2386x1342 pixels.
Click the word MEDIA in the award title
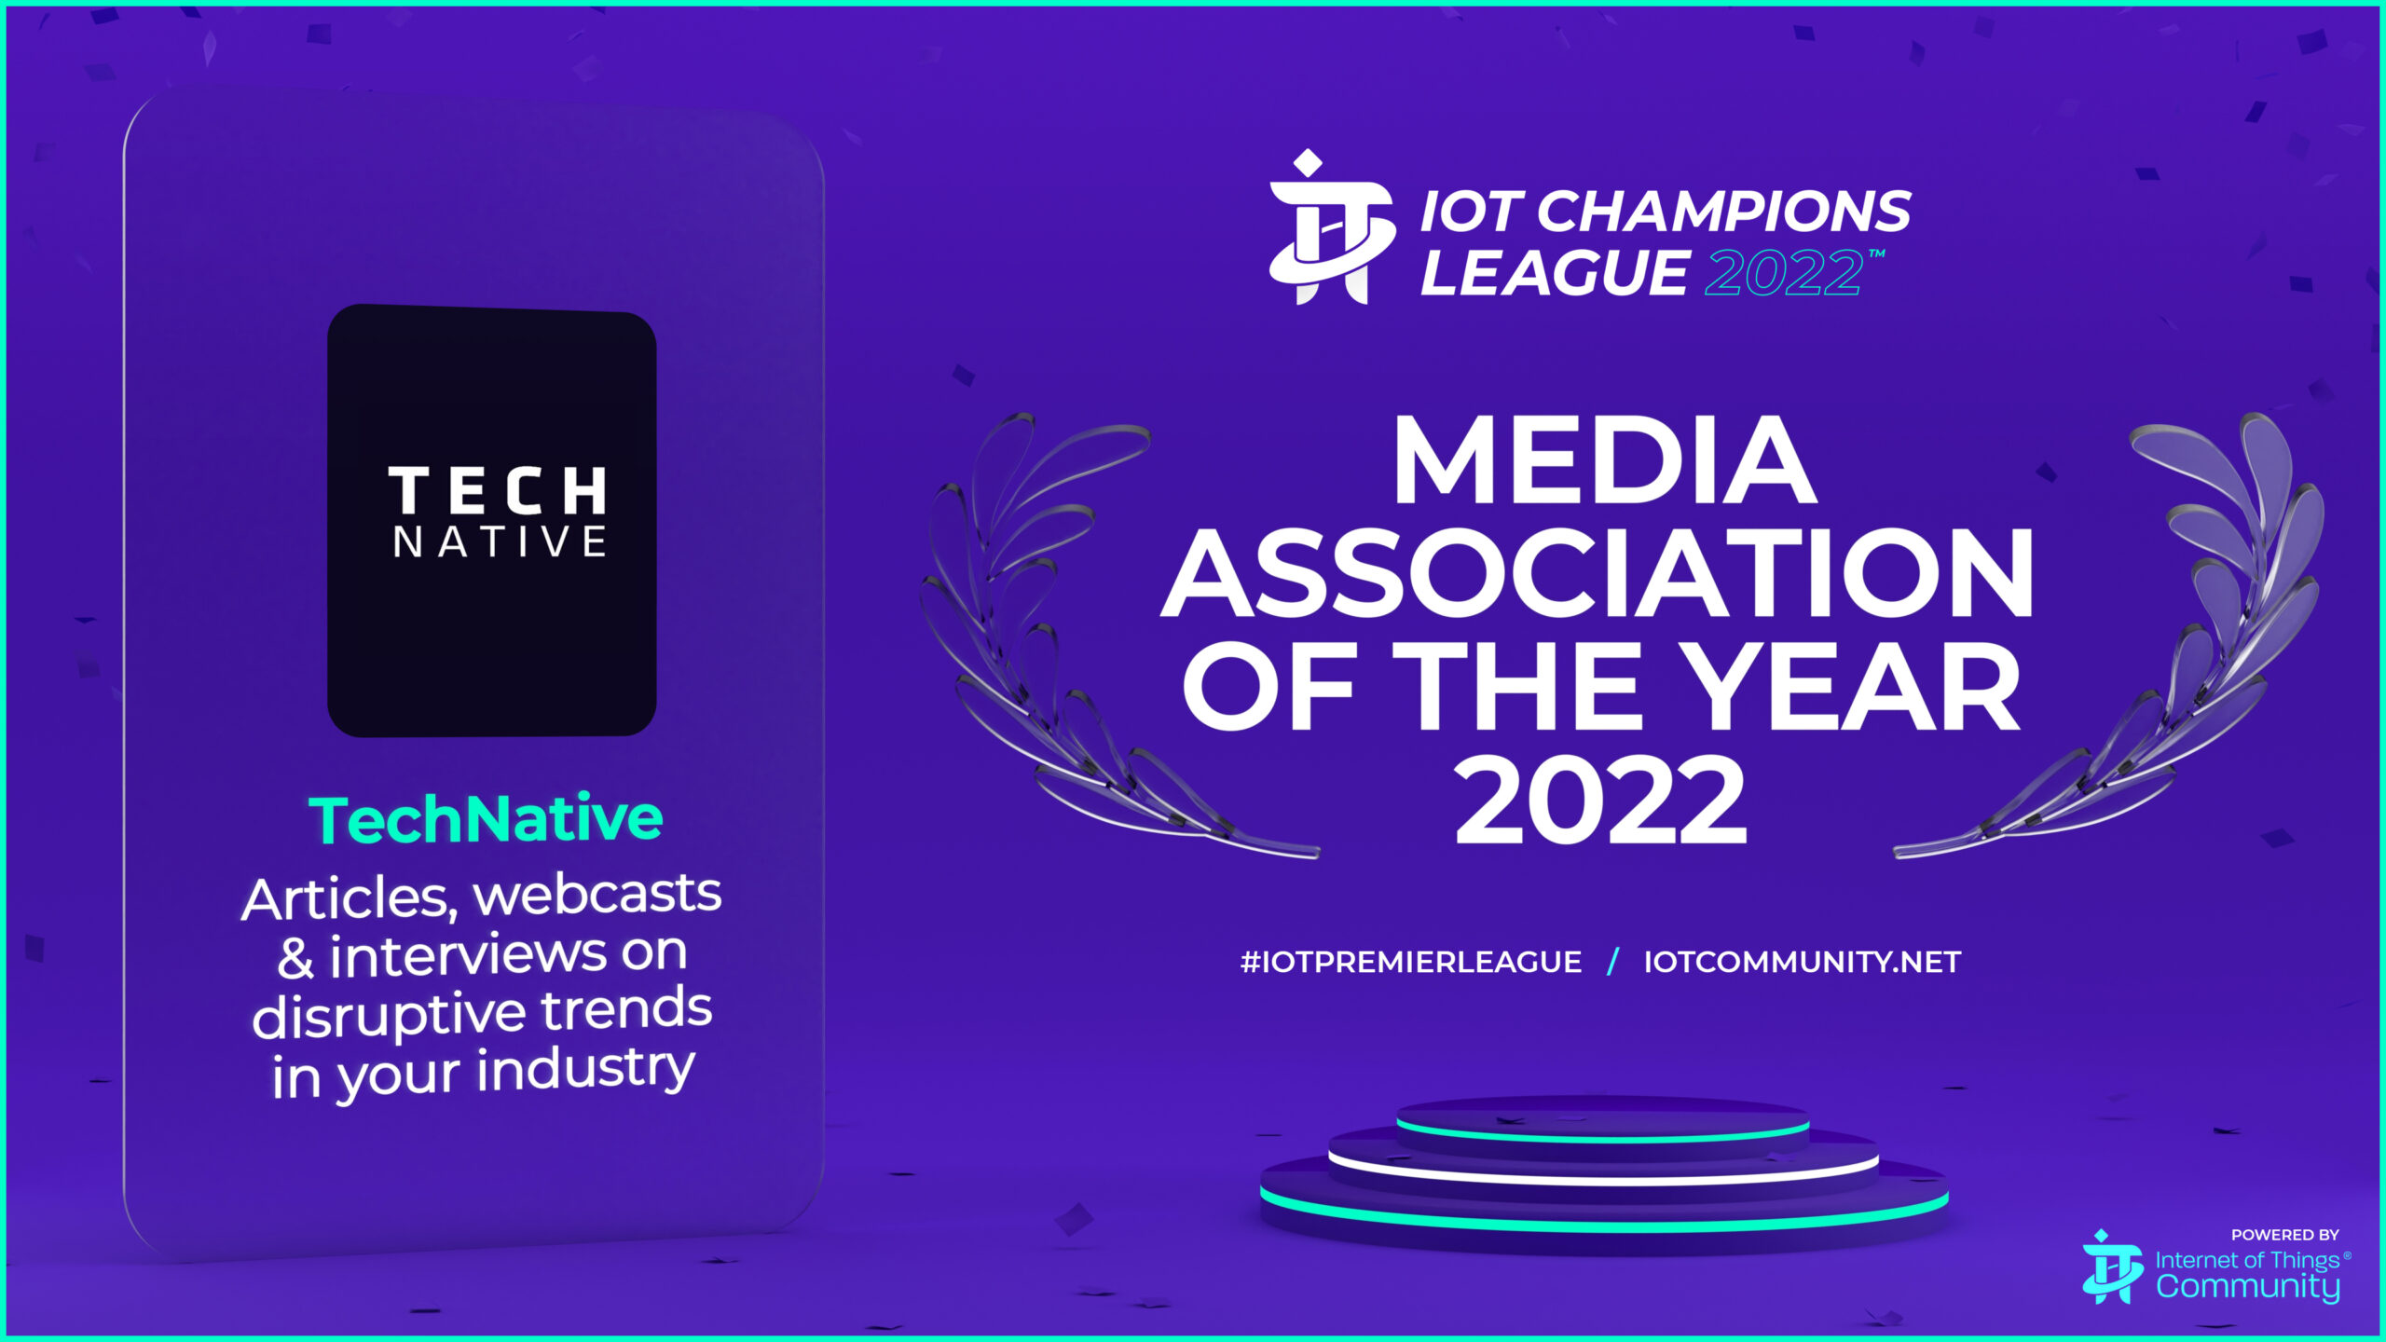[1604, 460]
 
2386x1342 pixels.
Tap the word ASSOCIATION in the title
[1597, 572]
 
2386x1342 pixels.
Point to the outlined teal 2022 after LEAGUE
[1783, 273]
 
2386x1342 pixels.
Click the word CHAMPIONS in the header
[1724, 212]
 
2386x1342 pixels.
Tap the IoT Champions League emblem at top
[1331, 227]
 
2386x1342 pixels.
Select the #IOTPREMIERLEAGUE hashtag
[1411, 962]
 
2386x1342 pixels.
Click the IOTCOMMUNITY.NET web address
[1803, 962]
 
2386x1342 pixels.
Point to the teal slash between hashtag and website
[1613, 962]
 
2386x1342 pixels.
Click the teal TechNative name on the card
[486, 819]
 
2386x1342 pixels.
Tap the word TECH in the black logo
[497, 490]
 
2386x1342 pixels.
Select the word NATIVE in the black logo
[500, 541]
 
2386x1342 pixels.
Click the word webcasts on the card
[597, 894]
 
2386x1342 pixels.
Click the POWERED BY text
[2284, 1235]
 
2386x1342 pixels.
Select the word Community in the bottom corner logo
[2247, 1287]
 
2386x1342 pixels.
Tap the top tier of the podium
[1602, 1118]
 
